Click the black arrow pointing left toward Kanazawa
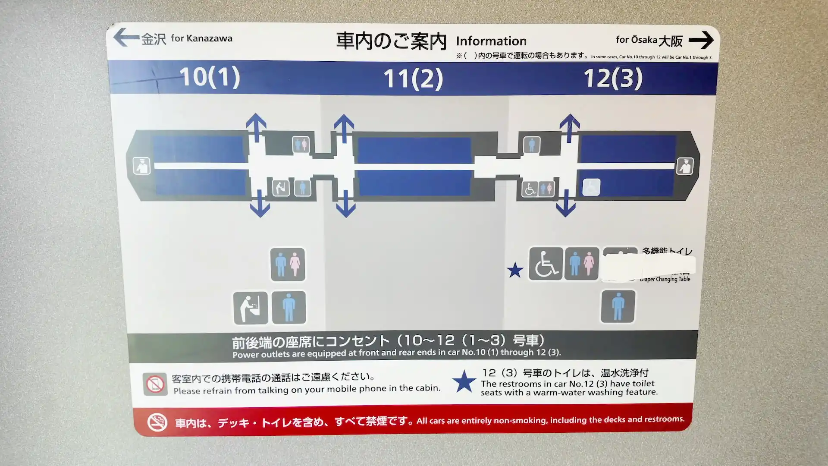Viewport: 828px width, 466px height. coord(126,38)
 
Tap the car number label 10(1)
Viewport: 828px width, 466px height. coord(210,77)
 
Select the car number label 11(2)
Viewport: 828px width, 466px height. coord(413,79)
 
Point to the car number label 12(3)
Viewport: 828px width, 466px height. coord(613,79)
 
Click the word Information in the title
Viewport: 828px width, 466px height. coord(491,41)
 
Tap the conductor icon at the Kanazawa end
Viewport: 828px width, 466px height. coord(142,166)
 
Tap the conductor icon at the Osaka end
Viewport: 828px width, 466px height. coord(685,166)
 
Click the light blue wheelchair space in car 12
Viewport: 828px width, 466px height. coord(591,187)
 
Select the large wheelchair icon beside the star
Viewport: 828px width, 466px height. coord(546,264)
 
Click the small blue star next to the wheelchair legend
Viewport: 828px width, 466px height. coord(515,271)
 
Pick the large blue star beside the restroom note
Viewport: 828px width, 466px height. coord(464,381)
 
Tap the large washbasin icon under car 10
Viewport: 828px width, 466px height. coord(250,308)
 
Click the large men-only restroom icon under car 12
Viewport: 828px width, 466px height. coord(618,306)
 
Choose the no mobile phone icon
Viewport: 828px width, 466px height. coord(155,384)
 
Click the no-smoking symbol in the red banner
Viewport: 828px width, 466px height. coord(157,422)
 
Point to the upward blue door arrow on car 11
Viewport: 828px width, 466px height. coord(344,128)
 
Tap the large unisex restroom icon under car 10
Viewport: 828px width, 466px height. coord(288,264)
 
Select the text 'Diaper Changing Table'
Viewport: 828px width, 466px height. coord(665,280)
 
